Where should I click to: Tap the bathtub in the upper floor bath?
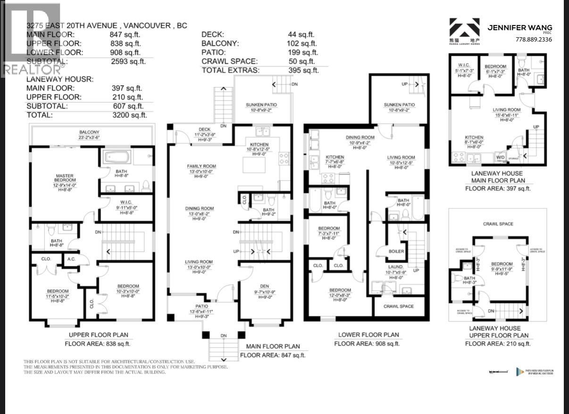coord(116,156)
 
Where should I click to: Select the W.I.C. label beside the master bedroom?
coord(125,203)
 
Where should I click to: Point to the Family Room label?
coord(201,166)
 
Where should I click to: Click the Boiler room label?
coord(396,251)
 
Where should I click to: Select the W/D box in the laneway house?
coord(499,157)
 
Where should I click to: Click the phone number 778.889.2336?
coord(534,40)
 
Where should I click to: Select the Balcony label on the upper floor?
coord(92,132)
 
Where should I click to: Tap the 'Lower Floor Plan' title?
coord(368,335)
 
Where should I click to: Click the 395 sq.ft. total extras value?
coord(303,70)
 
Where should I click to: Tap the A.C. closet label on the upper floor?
coord(71,258)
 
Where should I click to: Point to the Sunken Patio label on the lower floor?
coord(399,105)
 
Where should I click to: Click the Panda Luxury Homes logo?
coord(463,31)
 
